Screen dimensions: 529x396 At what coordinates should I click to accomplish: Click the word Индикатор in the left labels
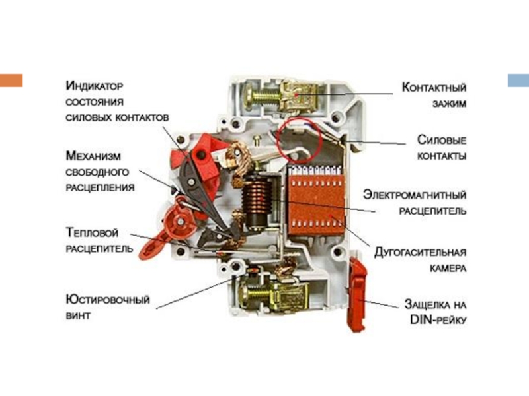95,86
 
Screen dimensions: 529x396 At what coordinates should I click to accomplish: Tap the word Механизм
93,156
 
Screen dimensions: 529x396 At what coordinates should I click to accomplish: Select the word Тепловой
92,232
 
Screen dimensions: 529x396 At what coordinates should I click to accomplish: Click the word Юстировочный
108,300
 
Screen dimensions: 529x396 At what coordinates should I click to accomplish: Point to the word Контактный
434,87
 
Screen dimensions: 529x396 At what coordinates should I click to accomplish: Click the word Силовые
442,140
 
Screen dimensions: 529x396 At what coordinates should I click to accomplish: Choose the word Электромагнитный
415,195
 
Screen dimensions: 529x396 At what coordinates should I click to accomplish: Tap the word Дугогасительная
421,252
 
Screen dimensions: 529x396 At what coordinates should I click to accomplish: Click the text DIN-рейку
438,319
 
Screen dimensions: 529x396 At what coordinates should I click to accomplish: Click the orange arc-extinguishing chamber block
316,201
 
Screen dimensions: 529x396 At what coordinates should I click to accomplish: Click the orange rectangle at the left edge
11,81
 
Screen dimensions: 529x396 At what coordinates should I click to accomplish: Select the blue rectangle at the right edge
518,81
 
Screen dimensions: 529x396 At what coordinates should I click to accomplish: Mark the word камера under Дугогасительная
448,269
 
